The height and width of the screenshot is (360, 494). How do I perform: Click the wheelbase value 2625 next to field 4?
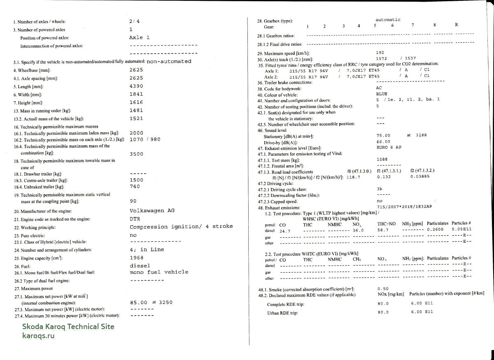(136, 70)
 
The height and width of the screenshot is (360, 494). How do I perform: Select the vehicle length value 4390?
(136, 86)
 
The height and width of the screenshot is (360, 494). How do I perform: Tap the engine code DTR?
(135, 219)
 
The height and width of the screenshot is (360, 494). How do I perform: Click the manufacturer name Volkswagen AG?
(152, 210)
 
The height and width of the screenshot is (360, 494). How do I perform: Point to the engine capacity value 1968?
(136, 257)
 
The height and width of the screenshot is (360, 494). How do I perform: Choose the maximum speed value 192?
(380, 53)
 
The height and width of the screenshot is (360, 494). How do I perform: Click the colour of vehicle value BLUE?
(382, 94)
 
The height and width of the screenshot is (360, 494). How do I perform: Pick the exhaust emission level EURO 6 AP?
(389, 147)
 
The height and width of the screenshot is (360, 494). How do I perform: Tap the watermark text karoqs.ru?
(38, 335)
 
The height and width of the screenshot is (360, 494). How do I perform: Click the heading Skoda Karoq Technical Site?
(68, 327)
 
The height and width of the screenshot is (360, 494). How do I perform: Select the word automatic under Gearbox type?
(388, 20)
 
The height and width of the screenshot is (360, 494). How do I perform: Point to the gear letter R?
(457, 25)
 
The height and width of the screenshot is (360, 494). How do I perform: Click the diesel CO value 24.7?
(285, 231)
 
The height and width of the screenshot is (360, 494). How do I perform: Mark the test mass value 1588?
(382, 159)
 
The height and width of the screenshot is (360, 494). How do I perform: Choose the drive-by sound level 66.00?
(383, 141)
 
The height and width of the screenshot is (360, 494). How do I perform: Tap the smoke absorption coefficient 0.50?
(383, 289)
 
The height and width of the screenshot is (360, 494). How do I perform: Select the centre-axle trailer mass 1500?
(136, 180)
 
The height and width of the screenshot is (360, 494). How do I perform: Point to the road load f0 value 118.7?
(353, 177)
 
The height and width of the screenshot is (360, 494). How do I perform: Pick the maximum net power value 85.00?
(138, 302)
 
